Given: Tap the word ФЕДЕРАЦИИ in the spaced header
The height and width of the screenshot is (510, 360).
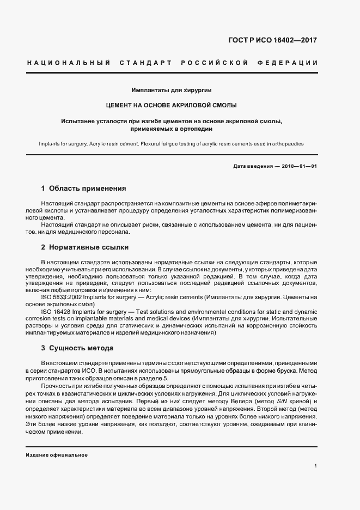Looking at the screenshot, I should click(x=291, y=63).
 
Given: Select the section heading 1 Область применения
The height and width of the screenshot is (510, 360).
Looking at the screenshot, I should click(x=83, y=189).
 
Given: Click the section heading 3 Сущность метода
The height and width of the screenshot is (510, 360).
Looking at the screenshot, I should click(x=77, y=348).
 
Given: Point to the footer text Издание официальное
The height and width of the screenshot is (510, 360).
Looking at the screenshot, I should click(x=57, y=454).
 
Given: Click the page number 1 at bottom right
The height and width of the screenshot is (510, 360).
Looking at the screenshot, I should click(x=316, y=466).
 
